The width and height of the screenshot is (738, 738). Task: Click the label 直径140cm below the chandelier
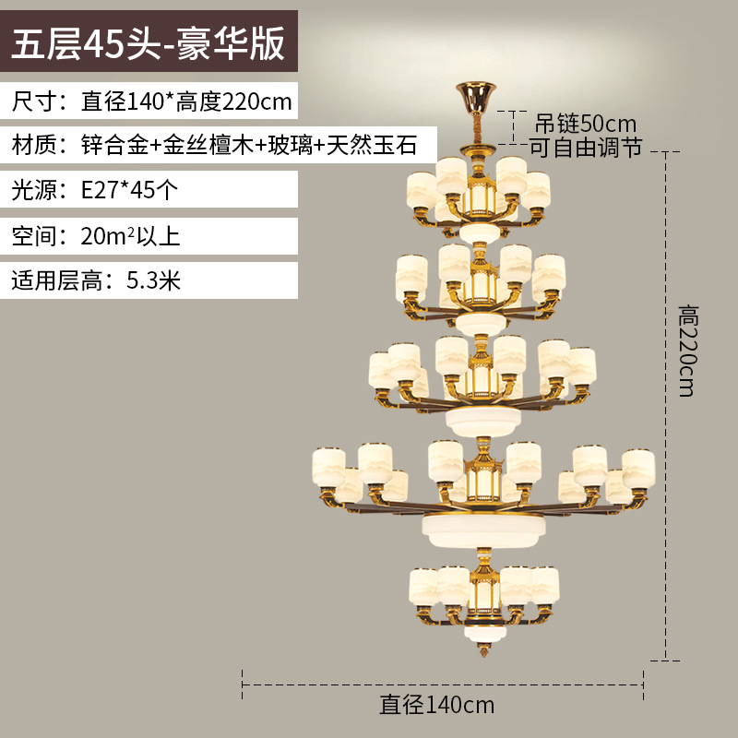(437, 706)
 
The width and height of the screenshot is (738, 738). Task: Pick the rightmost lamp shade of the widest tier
(637, 466)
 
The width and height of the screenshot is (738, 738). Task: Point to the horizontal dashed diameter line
(442, 684)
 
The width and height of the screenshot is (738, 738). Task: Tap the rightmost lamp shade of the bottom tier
(544, 587)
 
